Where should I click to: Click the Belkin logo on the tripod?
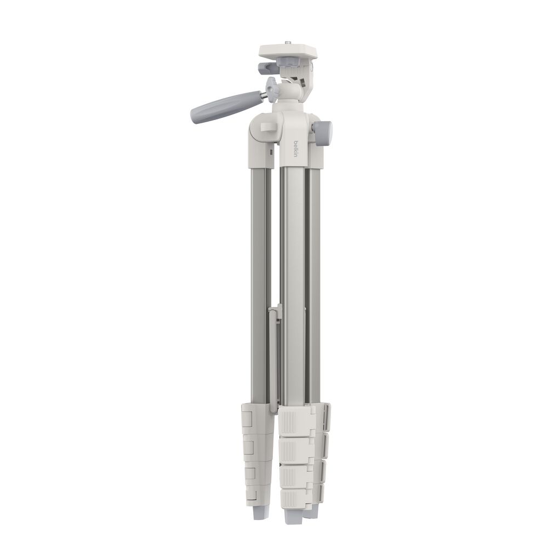click(296, 148)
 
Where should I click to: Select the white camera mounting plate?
click(288, 52)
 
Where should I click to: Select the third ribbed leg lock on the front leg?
click(296, 476)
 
